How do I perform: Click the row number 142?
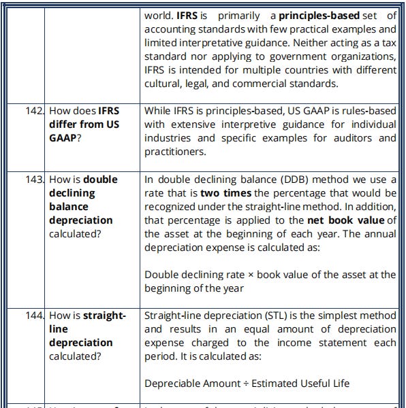[x=35, y=111]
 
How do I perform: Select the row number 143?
[x=35, y=180]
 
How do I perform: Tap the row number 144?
[x=35, y=316]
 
